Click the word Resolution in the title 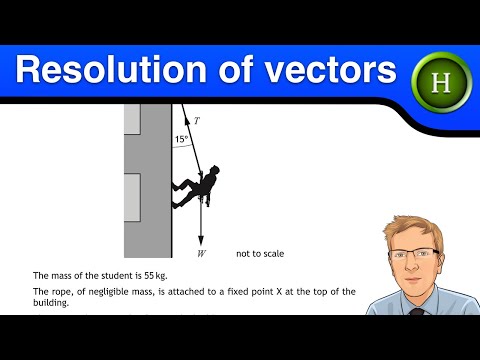coord(107,72)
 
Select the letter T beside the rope coord(196,120)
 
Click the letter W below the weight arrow coord(202,254)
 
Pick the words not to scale coord(259,254)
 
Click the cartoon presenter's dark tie coord(417,309)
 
